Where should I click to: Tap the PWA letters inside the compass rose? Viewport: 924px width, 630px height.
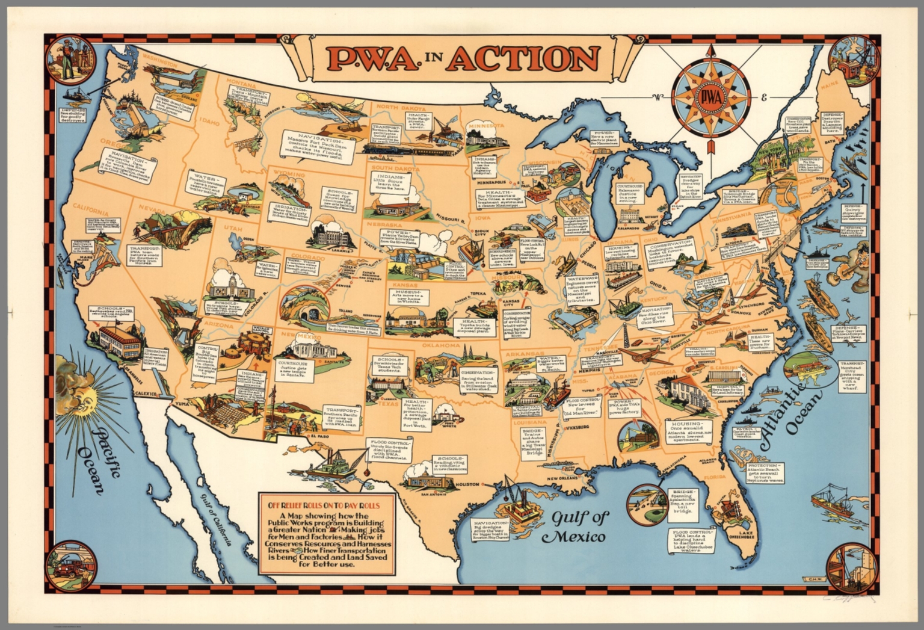pyautogui.click(x=712, y=97)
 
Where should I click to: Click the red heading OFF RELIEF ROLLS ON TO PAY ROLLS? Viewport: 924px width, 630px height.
pyautogui.click(x=327, y=505)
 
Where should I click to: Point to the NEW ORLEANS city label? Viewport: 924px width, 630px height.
pyautogui.click(x=562, y=478)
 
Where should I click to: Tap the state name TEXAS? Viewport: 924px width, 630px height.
pyautogui.click(x=389, y=404)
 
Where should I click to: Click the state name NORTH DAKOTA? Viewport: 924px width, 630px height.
pyautogui.click(x=401, y=107)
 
